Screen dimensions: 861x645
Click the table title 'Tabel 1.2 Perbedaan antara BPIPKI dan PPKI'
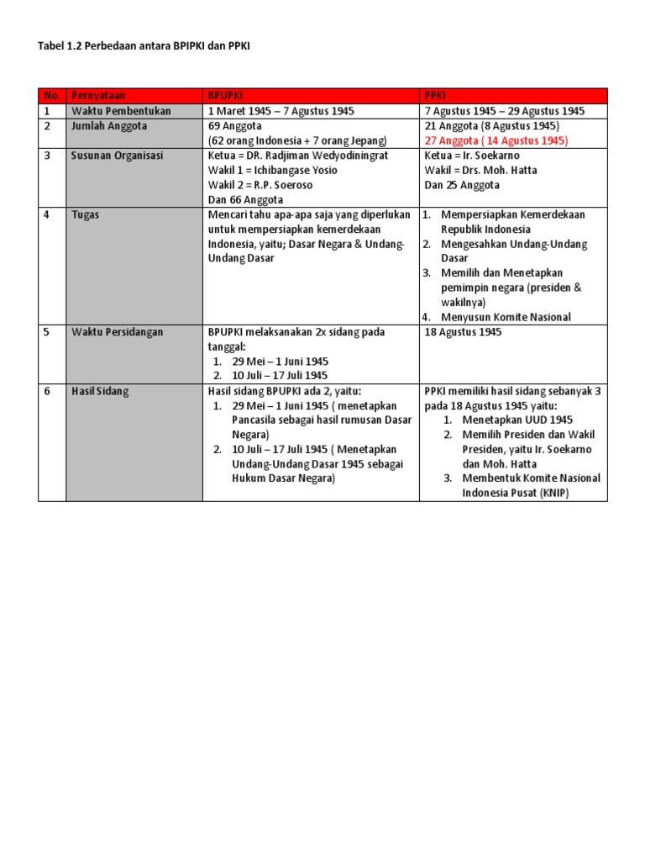[144, 48]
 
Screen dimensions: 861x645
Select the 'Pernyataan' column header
[98, 96]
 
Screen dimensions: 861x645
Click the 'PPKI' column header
[436, 96]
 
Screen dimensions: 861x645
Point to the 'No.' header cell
[52, 96]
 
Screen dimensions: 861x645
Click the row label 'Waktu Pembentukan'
[121, 111]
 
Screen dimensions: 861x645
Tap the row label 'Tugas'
[86, 214]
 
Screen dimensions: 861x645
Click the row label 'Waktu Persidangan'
[118, 332]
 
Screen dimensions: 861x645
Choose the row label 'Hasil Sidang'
[100, 391]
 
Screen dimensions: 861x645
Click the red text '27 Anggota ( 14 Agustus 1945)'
[496, 140]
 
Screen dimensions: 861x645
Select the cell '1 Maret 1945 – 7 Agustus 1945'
[281, 111]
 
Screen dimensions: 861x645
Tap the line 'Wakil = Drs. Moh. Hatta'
[481, 170]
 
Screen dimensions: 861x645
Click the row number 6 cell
[48, 391]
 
